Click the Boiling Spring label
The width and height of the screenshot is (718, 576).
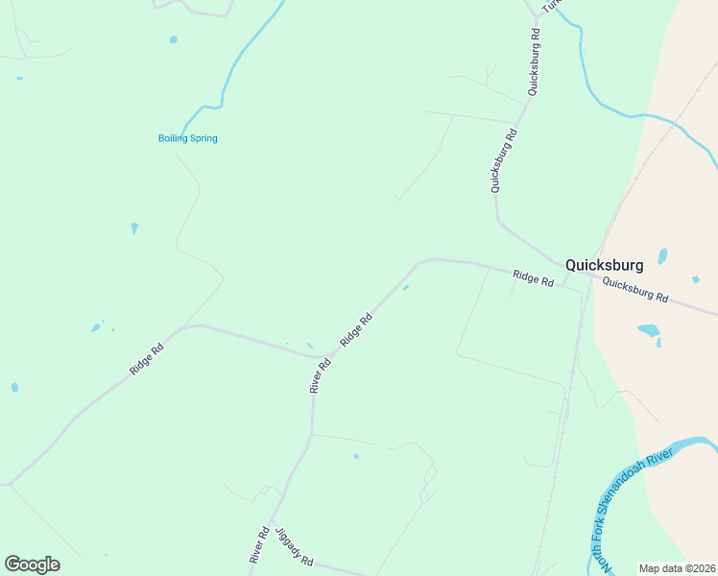pyautogui.click(x=188, y=138)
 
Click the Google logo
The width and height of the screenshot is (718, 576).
pyautogui.click(x=32, y=564)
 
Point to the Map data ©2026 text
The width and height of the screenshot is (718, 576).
pyautogui.click(x=676, y=568)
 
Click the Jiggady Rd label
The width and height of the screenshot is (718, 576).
pyautogui.click(x=293, y=546)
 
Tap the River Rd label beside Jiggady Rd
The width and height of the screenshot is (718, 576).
pyautogui.click(x=258, y=544)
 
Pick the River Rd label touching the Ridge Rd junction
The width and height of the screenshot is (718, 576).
pyautogui.click(x=320, y=375)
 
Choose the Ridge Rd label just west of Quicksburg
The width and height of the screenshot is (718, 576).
pyautogui.click(x=533, y=279)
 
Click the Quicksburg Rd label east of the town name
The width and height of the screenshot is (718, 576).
pyautogui.click(x=634, y=290)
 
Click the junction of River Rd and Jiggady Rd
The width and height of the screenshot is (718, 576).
pyautogui.click(x=271, y=523)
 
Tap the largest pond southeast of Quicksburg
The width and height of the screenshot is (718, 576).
pyautogui.click(x=649, y=330)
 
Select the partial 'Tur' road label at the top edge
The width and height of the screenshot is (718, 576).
pyautogui.click(x=550, y=6)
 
